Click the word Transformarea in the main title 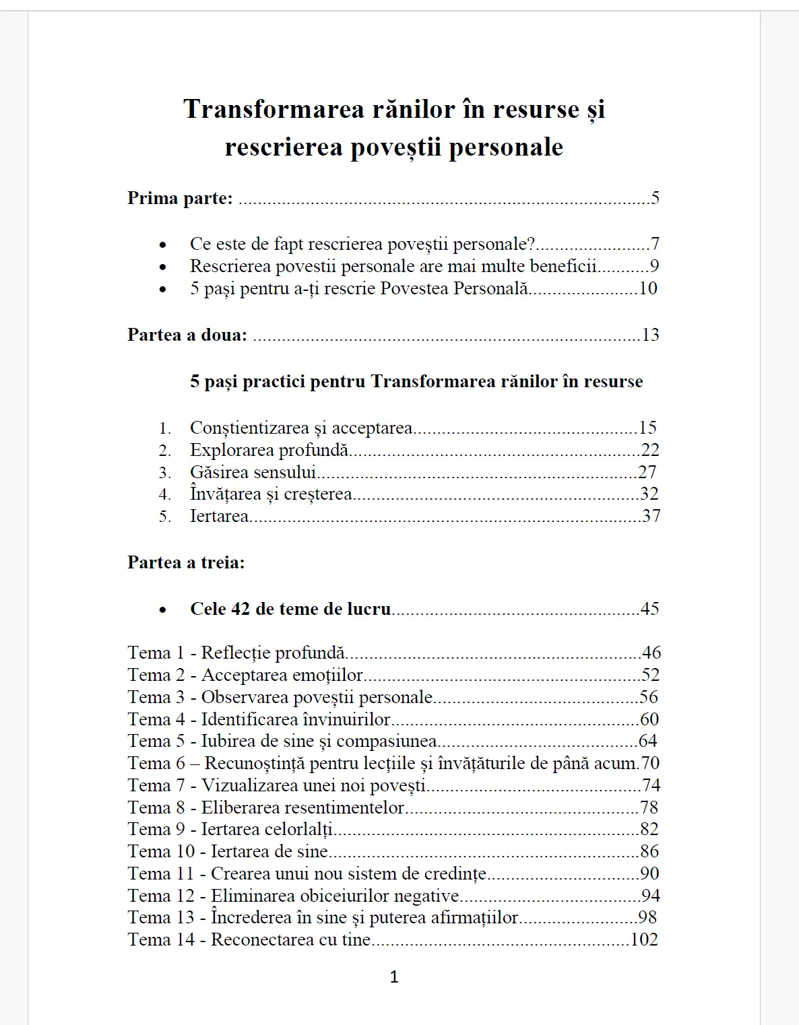274,109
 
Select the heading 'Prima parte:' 180,198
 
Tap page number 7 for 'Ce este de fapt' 655,244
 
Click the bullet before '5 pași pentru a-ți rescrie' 162,290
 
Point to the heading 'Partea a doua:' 187,335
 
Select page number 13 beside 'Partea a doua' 650,335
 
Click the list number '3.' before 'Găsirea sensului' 165,473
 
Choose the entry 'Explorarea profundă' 269,450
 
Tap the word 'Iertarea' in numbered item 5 219,516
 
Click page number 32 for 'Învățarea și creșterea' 649,494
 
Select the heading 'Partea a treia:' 186,562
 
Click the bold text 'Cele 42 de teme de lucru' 290,609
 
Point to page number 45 649,609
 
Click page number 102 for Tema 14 644,939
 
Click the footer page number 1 394,977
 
